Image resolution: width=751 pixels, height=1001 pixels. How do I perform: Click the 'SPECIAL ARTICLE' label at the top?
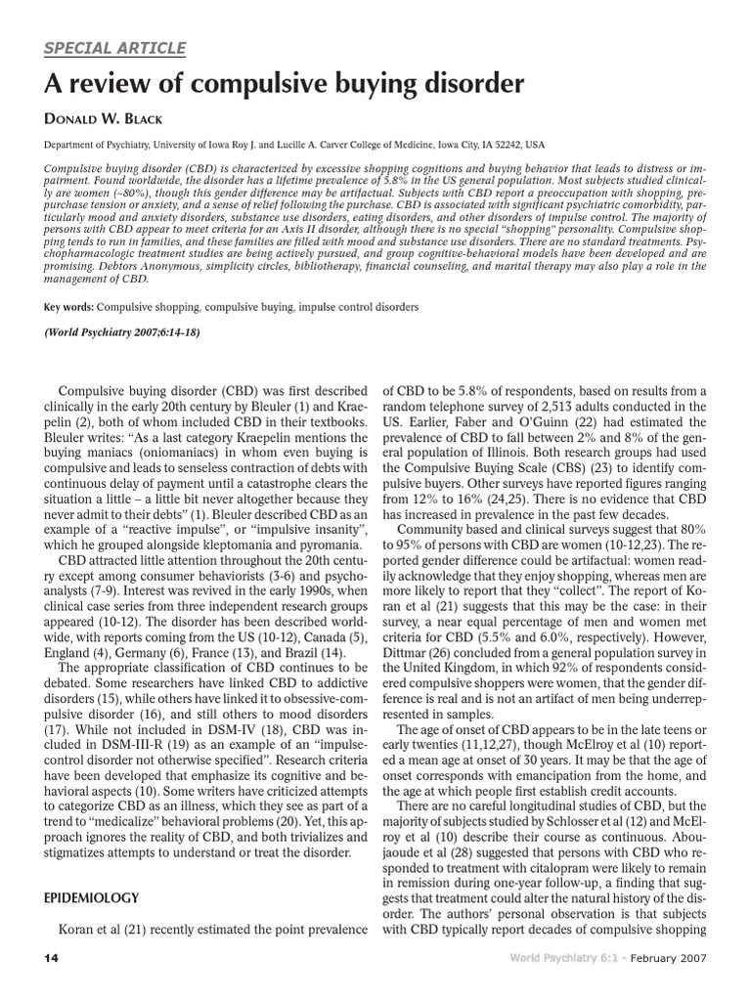coord(113,49)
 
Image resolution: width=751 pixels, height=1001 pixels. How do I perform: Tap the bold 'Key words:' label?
coord(66,306)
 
